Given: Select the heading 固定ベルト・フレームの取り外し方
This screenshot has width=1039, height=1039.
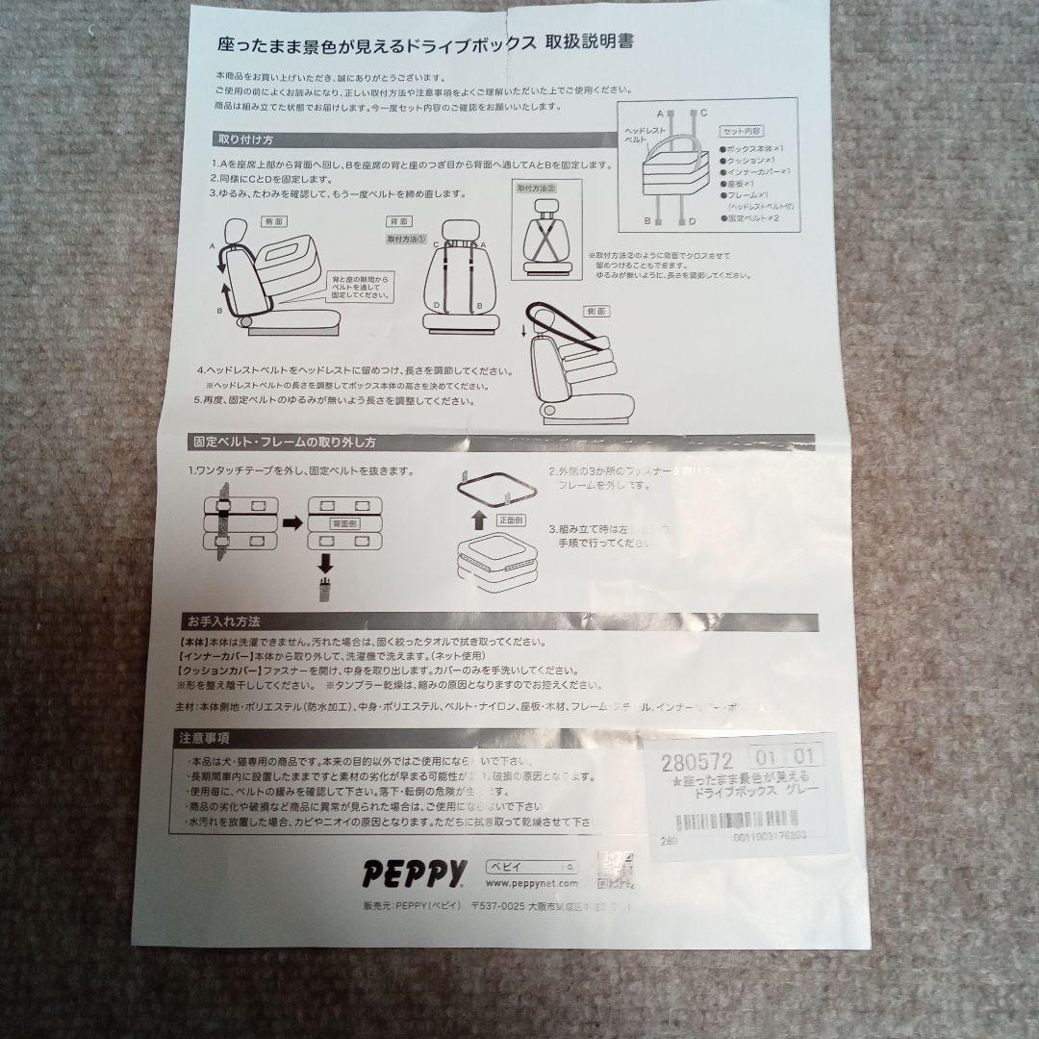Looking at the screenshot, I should click(x=285, y=443).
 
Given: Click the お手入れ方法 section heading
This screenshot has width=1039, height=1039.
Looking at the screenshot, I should click(x=223, y=621).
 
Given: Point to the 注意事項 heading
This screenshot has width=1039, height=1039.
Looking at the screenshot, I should click(x=204, y=739).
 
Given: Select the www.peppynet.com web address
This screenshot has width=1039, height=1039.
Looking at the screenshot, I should click(x=532, y=883).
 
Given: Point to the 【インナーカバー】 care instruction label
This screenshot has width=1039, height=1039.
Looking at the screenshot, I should click(x=212, y=655).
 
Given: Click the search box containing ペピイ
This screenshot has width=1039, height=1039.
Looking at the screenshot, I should click(x=532, y=865).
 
